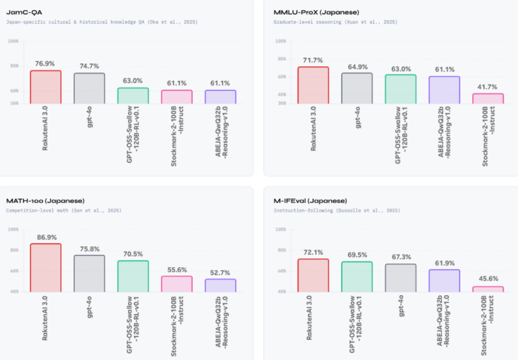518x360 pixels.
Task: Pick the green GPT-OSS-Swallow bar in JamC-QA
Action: pos(133,96)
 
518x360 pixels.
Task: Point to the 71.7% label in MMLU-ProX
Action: pos(313,60)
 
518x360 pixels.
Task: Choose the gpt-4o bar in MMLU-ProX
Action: pos(357,88)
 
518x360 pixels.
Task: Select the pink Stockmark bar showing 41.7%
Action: pos(488,99)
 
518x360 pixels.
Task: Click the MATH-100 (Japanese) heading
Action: pos(45,200)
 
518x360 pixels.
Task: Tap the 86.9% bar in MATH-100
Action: pos(45,267)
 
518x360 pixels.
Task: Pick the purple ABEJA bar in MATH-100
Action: pos(220,285)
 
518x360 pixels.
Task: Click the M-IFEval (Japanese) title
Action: pos(310,200)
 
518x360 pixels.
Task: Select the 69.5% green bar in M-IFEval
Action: pos(357,276)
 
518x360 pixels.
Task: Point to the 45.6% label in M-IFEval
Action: pos(488,279)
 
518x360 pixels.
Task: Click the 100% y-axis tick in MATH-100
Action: pos(13,230)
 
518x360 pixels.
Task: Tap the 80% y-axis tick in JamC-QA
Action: pos(14,66)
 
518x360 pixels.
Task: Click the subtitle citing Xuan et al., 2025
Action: pos(335,22)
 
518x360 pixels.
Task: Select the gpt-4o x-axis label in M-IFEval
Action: pos(400,310)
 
